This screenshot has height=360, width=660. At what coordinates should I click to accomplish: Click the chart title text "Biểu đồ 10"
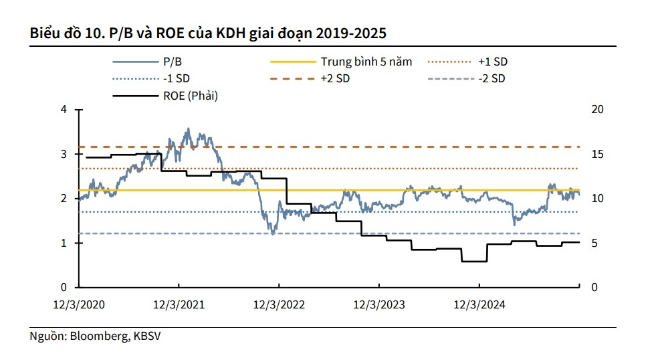pos(60,32)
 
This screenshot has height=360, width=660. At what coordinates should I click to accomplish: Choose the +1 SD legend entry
pos(493,62)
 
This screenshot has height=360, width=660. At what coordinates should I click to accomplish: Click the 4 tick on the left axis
pos(64,109)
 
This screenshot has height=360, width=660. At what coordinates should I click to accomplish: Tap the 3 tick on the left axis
pos(64,154)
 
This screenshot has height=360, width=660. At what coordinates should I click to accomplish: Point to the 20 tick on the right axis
pos(598,109)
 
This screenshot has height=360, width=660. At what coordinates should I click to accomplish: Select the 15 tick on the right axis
pos(598,154)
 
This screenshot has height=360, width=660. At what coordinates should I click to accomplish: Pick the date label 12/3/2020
pos(79,304)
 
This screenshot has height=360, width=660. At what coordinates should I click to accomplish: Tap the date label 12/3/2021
pos(179,304)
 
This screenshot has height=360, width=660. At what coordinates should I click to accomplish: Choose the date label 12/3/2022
pos(279,304)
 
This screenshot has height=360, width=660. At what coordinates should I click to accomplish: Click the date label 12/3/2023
pos(379,304)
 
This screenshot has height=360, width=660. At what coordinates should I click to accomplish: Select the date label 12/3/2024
pos(479,304)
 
